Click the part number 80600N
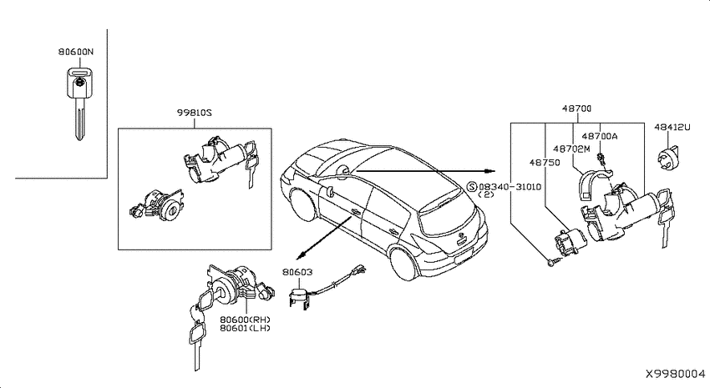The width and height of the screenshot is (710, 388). tap(76, 52)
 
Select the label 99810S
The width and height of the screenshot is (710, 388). tap(195, 113)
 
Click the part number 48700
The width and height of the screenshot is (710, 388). tap(577, 108)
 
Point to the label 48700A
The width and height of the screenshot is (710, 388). tap(600, 136)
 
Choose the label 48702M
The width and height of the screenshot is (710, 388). tap(571, 149)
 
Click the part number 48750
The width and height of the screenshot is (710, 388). tap(545, 163)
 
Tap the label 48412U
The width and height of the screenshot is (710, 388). tap(672, 128)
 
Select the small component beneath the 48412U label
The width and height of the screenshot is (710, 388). tap(669, 158)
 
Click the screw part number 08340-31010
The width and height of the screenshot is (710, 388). tap(510, 187)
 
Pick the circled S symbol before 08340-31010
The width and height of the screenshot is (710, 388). tap(472, 187)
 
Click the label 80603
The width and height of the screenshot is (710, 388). tap(297, 272)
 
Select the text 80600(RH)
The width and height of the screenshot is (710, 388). tap(245, 320)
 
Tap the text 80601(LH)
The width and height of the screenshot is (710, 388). tap(245, 328)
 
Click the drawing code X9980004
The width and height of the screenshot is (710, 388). tap(676, 374)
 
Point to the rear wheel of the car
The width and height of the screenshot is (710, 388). tap(404, 265)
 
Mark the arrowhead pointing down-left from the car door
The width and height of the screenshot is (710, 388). tap(300, 256)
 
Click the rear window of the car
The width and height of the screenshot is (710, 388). tap(449, 218)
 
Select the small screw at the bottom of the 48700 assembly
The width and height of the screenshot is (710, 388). tap(552, 262)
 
